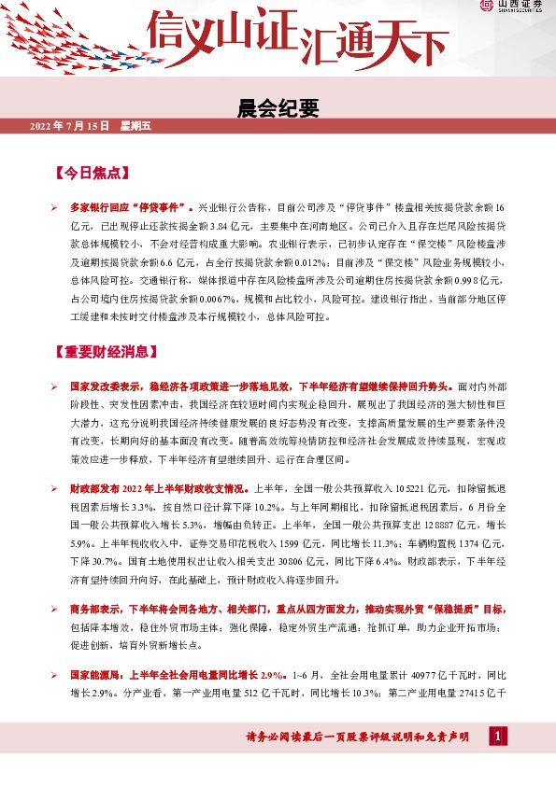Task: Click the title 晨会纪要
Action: tap(278, 109)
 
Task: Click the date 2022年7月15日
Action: tap(70, 125)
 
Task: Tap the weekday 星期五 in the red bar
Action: tap(135, 125)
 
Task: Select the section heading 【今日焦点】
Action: tap(92, 174)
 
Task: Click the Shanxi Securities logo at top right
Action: tap(514, 7)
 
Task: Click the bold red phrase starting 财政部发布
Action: tap(159, 486)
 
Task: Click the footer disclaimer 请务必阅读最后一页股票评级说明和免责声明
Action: tap(356, 738)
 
